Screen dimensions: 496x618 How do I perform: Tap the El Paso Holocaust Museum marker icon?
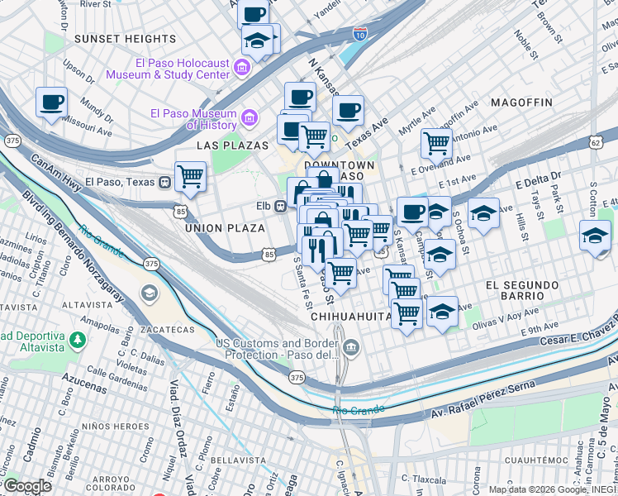click(244, 66)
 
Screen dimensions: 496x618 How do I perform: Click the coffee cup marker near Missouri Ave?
click(51, 103)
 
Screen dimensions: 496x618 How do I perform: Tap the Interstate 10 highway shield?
click(359, 34)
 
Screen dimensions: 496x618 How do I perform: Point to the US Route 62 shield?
click(596, 142)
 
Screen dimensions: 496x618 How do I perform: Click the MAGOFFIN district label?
click(521, 102)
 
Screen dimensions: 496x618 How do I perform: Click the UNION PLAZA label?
click(225, 228)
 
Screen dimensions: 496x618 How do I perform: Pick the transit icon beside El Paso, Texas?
click(166, 182)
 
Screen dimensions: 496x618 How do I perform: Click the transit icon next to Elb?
click(281, 205)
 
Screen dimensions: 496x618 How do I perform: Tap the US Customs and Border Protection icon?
click(353, 347)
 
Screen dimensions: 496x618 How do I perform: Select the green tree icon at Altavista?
click(76, 340)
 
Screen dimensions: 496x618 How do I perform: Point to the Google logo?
click(26, 485)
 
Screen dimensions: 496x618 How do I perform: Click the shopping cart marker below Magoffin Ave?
click(435, 143)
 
